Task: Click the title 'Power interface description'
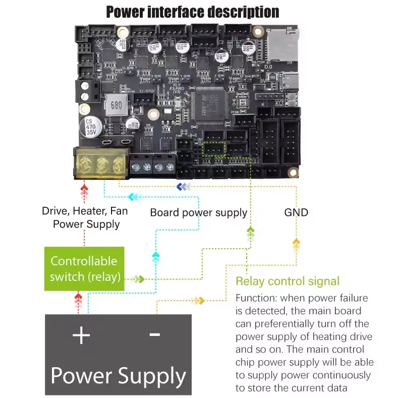pos(192,12)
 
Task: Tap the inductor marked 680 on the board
pos(115,105)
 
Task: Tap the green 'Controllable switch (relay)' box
pos(84,268)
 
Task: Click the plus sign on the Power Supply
pos(81,335)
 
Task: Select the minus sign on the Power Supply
pos(154,334)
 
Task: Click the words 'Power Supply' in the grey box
pos(119,376)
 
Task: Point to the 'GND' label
pos(296,212)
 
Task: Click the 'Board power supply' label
pos(199,212)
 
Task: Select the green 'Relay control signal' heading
pos(288,281)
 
